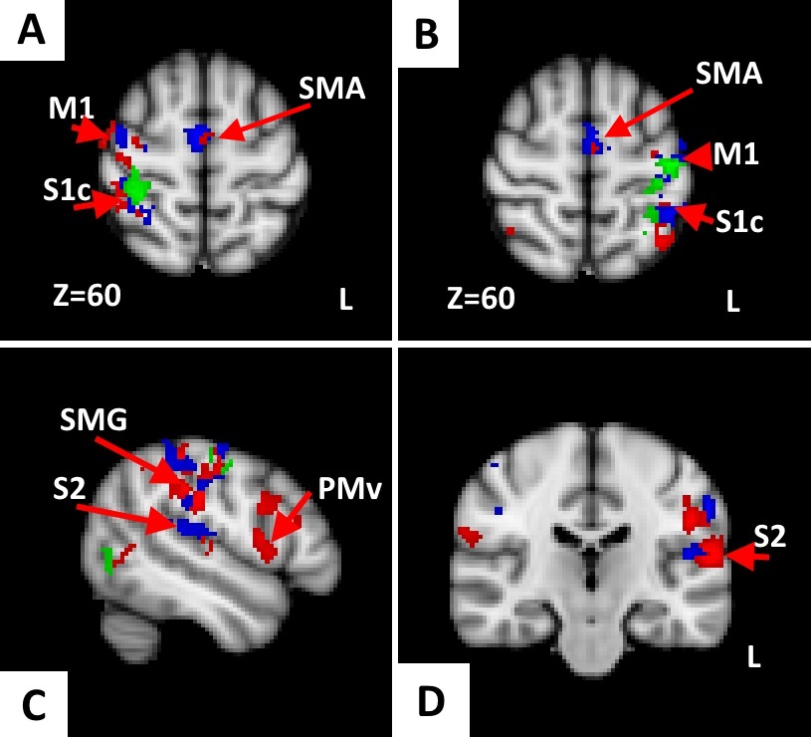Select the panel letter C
(33, 704)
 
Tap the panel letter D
(431, 702)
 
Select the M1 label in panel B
(736, 154)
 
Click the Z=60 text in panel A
(86, 296)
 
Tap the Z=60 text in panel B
(482, 297)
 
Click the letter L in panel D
(754, 654)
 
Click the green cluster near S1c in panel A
(134, 185)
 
